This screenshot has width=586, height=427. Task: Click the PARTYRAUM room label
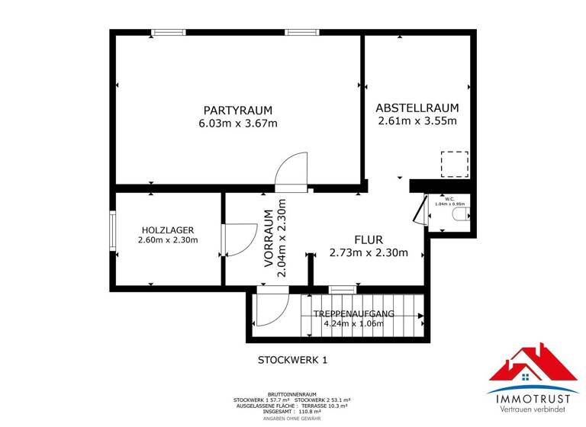click(x=237, y=110)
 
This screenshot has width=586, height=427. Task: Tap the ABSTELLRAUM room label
click(x=417, y=108)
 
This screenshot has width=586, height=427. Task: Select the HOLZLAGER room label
click(x=167, y=230)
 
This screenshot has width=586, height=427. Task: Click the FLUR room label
click(x=369, y=239)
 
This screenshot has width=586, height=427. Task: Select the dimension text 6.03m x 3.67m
click(x=237, y=124)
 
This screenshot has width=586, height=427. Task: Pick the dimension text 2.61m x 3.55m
click(x=417, y=120)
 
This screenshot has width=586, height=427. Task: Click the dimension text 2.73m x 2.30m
click(x=369, y=253)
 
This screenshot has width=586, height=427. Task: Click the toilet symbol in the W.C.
click(x=460, y=216)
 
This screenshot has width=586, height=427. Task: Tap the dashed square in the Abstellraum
click(x=453, y=164)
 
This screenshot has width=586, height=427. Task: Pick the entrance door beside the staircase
click(x=272, y=311)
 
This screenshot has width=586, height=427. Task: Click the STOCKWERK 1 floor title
click(x=292, y=360)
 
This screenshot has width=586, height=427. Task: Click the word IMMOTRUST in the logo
click(x=533, y=398)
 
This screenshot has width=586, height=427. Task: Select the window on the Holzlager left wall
click(x=113, y=231)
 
